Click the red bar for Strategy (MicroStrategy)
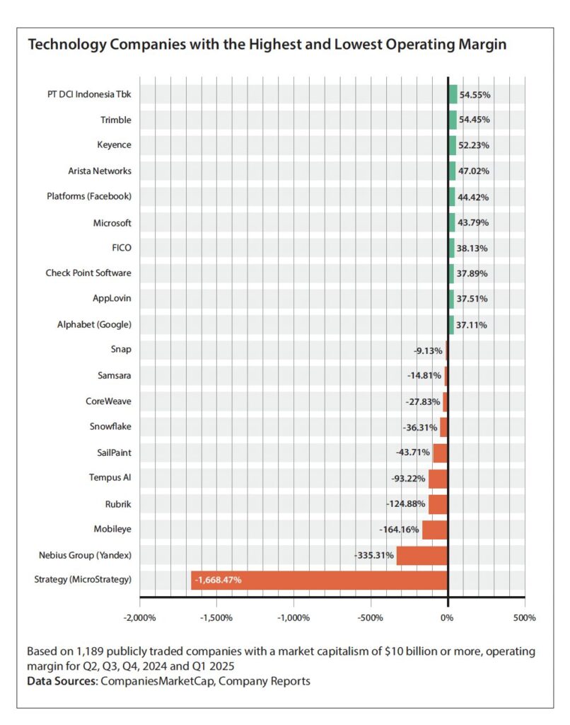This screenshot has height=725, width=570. [318, 580]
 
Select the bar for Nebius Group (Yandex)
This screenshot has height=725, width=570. [421, 555]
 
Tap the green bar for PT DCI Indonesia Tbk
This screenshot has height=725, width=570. [453, 94]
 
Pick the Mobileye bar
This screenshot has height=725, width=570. [434, 529]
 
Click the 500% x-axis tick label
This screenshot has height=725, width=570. [524, 617]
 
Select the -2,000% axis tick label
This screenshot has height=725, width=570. [139, 617]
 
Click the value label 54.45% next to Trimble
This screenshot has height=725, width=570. [475, 120]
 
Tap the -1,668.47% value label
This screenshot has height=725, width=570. [218, 580]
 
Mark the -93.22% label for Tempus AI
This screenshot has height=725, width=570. [408, 479]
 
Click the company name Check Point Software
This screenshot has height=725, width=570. [88, 273]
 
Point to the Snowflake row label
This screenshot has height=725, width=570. [110, 426]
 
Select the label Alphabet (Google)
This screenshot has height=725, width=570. [94, 324]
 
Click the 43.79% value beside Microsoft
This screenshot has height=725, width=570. [474, 222]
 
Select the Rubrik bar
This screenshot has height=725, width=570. [438, 503]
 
